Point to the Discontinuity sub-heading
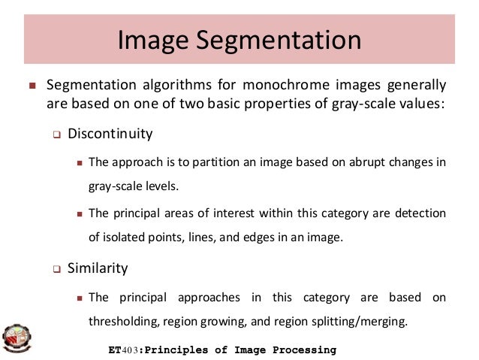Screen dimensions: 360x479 pos(110,135)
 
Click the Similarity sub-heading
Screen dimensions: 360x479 pos(98,268)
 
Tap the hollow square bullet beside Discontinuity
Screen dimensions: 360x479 pos(56,136)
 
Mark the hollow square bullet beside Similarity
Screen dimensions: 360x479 pos(56,268)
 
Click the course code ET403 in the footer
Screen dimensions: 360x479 pos(124,350)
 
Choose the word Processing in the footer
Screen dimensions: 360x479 pos(301,350)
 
